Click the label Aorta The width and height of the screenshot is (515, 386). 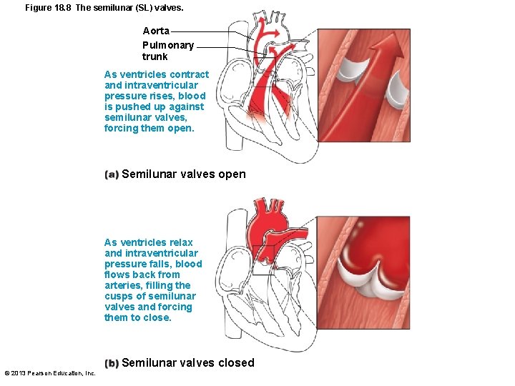tap(156, 31)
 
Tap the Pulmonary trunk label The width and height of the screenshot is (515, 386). tap(167, 51)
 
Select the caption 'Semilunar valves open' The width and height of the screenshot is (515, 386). tap(184, 174)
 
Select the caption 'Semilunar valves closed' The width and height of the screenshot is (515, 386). tap(188, 362)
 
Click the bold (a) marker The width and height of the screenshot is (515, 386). tap(111, 174)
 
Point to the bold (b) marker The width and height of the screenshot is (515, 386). tap(111, 363)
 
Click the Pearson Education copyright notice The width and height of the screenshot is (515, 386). tap(50, 373)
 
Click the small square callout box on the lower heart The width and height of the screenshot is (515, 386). tap(263, 260)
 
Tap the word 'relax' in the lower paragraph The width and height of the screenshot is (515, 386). tap(180, 242)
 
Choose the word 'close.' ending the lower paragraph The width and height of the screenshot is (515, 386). tap(157, 317)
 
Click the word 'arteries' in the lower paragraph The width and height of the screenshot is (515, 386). tap(122, 285)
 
